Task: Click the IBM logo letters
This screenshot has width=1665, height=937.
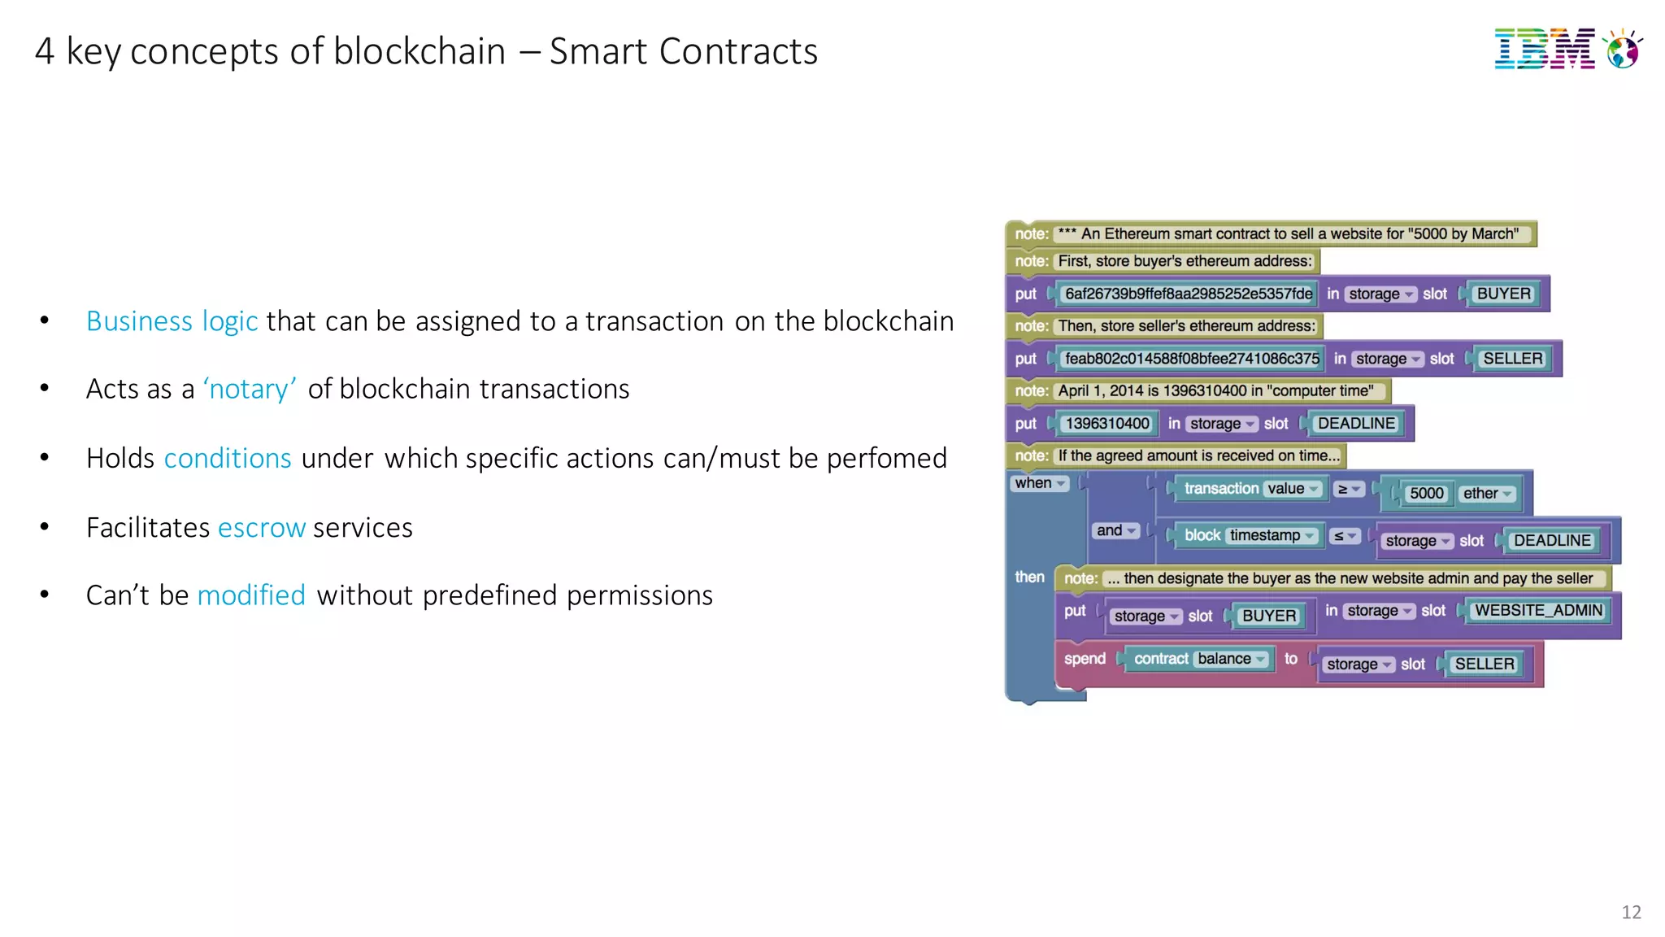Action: click(x=1544, y=50)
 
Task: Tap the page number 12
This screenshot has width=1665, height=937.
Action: click(x=1630, y=912)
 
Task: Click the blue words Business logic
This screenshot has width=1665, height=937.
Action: click(x=172, y=321)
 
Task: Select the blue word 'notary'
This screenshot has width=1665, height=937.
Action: click(x=250, y=390)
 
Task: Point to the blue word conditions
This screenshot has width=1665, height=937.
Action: click(x=228, y=459)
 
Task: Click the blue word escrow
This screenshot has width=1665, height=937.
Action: click(x=262, y=528)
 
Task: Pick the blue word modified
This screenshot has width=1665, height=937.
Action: click(x=251, y=595)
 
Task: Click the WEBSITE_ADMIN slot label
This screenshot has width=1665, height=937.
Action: click(x=1538, y=611)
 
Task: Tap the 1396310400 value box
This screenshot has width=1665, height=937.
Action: click(x=1106, y=424)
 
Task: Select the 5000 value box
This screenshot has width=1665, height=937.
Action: click(x=1426, y=494)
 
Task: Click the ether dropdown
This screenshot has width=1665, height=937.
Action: click(x=1487, y=494)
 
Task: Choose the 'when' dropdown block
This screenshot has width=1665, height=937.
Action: click(x=1039, y=483)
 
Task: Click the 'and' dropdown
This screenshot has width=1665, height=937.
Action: click(x=1115, y=531)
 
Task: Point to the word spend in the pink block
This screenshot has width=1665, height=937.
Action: click(x=1085, y=659)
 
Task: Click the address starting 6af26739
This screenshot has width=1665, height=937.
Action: click(x=1188, y=294)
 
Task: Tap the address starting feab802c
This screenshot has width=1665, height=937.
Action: click(x=1191, y=359)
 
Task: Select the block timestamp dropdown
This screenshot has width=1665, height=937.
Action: click(x=1272, y=535)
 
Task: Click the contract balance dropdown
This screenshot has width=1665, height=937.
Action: click(x=1231, y=659)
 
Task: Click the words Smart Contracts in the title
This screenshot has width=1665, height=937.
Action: click(x=683, y=51)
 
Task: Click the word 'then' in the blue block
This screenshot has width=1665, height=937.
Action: click(x=1029, y=577)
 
